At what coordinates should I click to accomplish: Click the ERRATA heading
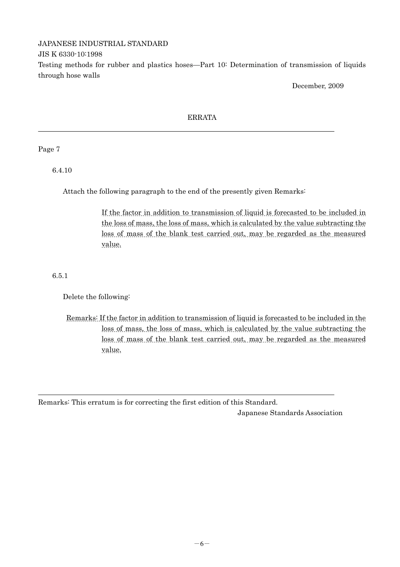coord(202,118)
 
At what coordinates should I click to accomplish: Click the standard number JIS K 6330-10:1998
coord(70,54)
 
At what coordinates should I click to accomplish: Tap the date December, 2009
coord(317,86)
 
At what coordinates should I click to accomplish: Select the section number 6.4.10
coord(62,170)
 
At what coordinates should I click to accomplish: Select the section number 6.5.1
coord(60,276)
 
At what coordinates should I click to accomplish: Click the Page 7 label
coord(49,149)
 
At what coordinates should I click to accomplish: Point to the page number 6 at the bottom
coord(202,543)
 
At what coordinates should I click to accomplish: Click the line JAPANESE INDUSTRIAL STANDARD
coord(103,44)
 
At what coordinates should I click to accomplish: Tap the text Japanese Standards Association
coord(290,413)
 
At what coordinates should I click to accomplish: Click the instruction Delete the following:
coord(96,297)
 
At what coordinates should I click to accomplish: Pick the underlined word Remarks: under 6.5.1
coord(82,318)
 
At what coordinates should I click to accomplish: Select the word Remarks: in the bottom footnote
coord(54,402)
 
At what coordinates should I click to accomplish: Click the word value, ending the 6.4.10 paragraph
coord(111,244)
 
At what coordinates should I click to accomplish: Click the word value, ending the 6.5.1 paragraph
coord(111,350)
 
